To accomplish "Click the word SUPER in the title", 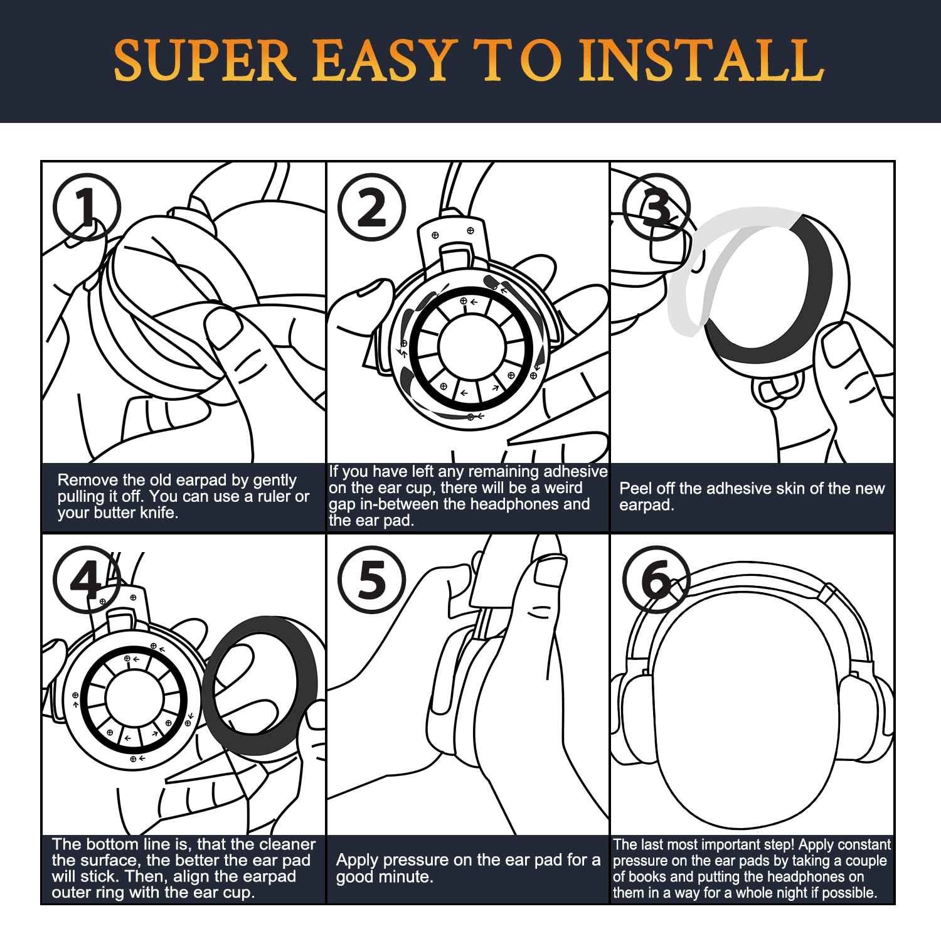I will click(x=204, y=60).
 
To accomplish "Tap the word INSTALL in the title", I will click(x=701, y=60).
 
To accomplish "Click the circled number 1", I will click(x=87, y=207).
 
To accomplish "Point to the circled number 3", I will click(x=656, y=207).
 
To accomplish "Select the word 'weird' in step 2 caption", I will click(x=563, y=488).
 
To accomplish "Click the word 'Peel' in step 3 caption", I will click(x=634, y=488).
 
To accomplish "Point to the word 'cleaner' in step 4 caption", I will click(x=287, y=844).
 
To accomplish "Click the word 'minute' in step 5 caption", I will click(x=407, y=876).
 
